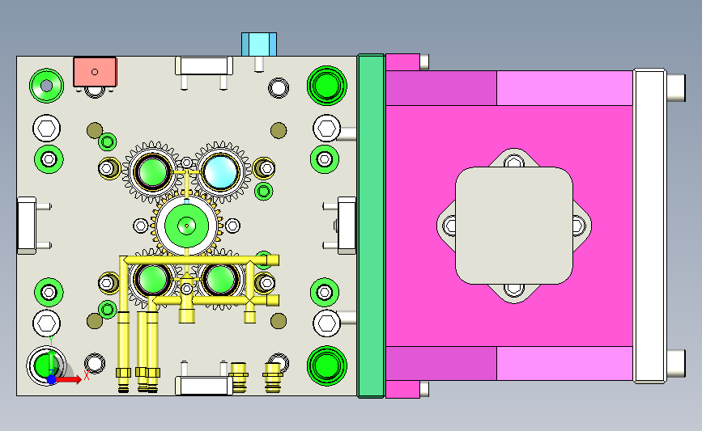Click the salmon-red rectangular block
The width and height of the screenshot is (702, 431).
pyautogui.click(x=95, y=71)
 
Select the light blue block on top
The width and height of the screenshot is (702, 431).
pyautogui.click(x=259, y=44)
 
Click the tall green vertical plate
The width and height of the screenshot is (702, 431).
pyautogui.click(x=371, y=226)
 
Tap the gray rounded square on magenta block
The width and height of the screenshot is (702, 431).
pyautogui.click(x=514, y=226)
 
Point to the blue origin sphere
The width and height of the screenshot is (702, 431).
pyautogui.click(x=52, y=379)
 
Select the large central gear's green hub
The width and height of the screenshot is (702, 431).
pyautogui.click(x=186, y=226)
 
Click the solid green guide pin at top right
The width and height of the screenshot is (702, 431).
pyautogui.click(x=327, y=86)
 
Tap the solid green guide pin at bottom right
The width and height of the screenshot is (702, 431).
pyautogui.click(x=327, y=366)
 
